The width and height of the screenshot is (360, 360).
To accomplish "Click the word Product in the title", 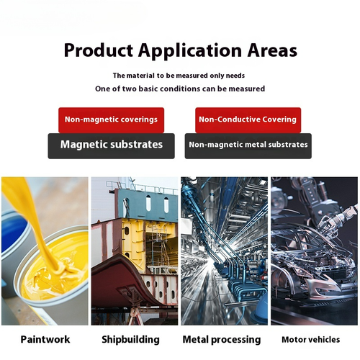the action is pos(99,51).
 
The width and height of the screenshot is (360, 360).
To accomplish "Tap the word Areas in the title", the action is pos(272,50).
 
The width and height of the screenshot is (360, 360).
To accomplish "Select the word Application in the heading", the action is pos(190,51).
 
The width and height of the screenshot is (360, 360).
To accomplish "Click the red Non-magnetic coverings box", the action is pos(111,120).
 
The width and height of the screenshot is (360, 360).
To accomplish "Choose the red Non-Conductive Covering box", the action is pos(248,120).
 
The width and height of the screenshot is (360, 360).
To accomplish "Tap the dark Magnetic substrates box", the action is pos(111,146).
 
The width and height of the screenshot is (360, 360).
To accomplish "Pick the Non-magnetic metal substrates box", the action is pos(248,146).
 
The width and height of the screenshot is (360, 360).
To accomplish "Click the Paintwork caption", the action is pos(45,339).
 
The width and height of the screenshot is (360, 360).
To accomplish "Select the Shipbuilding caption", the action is pos(130,340).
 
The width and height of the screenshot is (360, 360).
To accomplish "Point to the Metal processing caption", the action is pos(222,340).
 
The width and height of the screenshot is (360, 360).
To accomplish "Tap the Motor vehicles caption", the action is pos(310,340).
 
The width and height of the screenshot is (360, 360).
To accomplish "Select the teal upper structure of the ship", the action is pos(147,204).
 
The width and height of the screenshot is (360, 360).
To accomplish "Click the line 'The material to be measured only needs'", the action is pos(179,76).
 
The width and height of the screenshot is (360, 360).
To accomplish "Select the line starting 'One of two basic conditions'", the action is pos(180,89).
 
